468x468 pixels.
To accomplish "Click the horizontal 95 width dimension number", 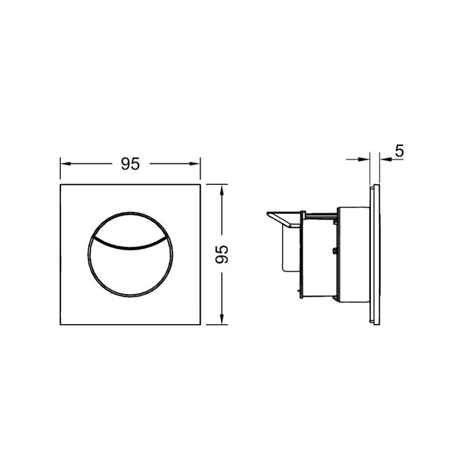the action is [130, 164].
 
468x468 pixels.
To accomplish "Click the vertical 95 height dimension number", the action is [222, 254].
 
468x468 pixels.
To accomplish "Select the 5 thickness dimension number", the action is [399, 151].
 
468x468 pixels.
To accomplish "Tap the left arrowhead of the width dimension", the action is [66, 164].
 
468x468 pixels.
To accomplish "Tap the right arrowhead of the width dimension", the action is [195, 164].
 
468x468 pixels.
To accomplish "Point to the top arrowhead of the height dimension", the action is [222, 190].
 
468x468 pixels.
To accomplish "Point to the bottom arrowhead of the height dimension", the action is [222, 319].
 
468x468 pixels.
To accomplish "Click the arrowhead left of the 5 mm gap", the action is [364, 160].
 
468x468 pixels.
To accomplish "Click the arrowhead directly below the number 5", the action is [386, 160].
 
